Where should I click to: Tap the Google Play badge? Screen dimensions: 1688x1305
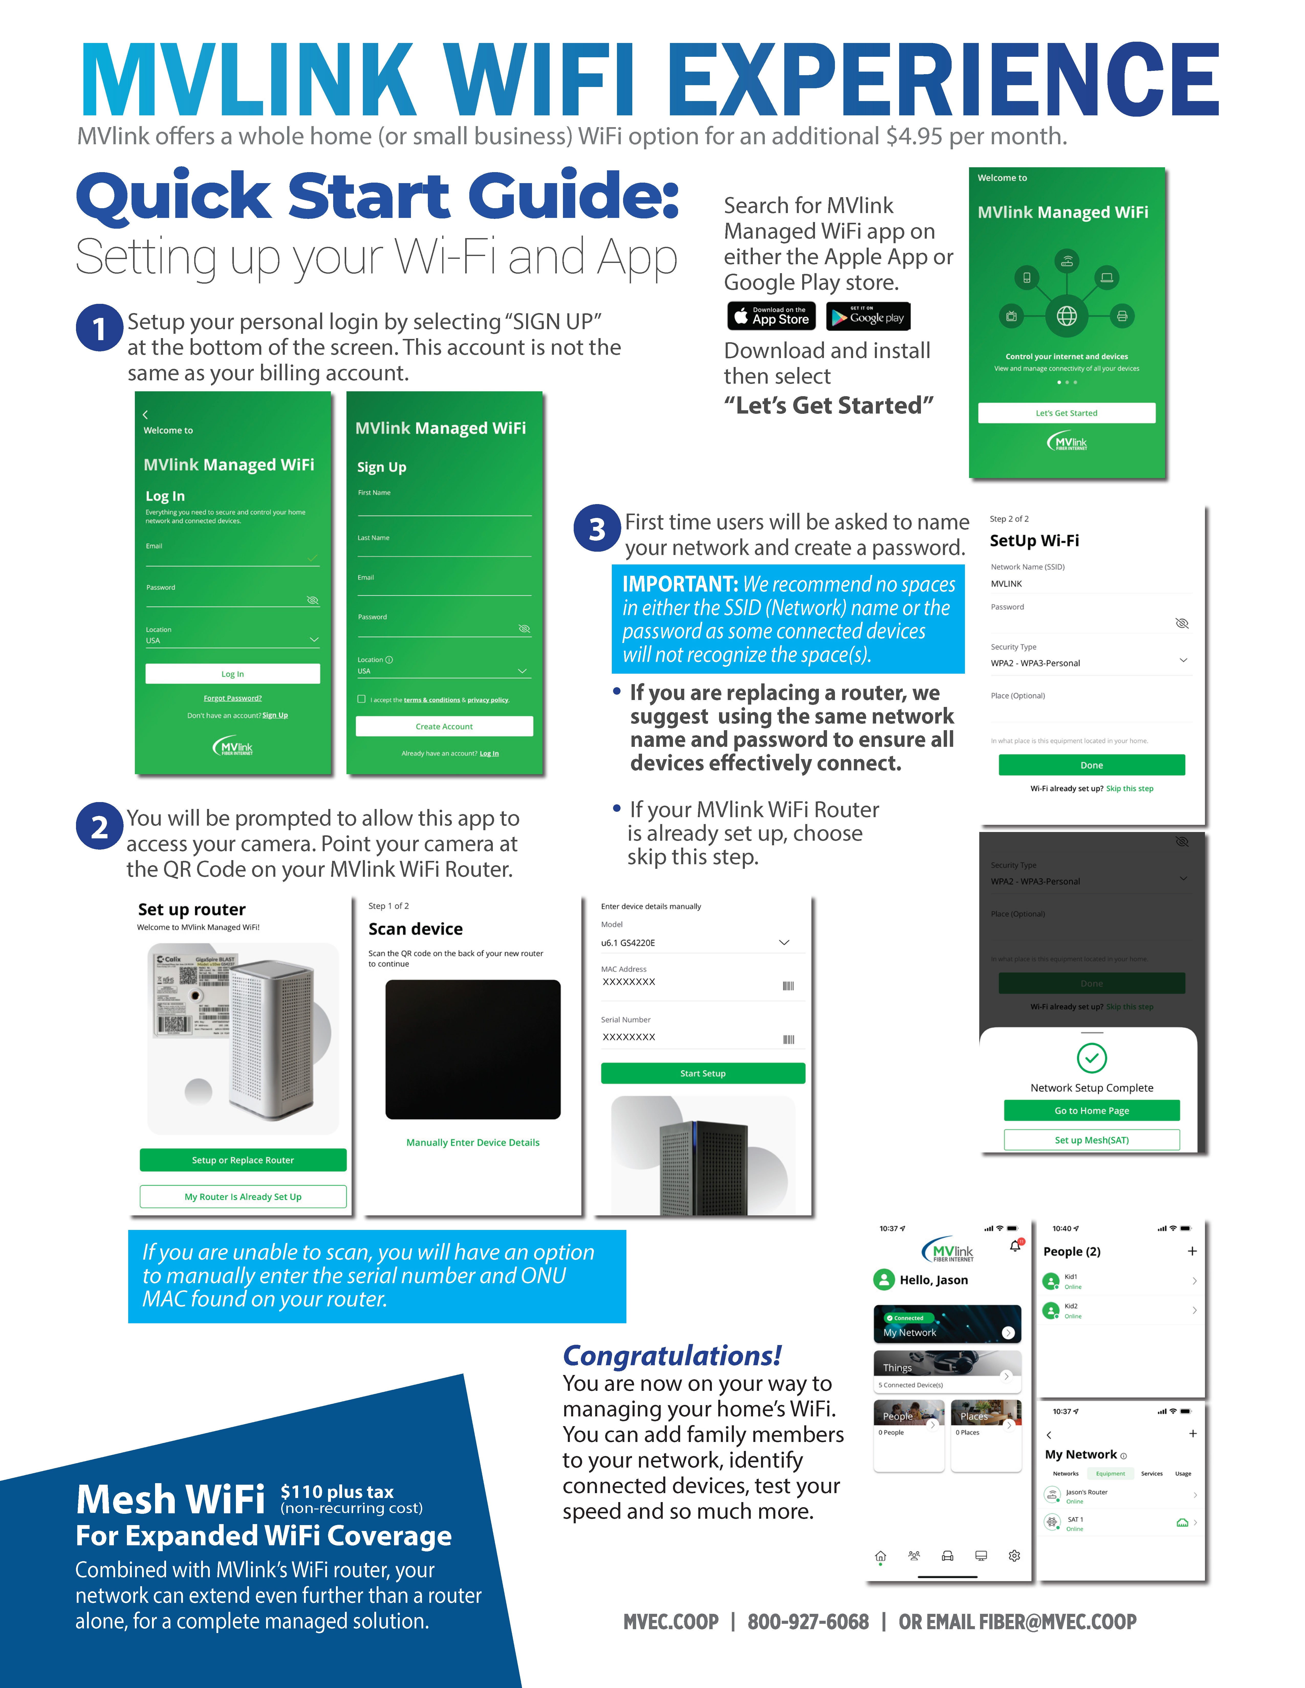coord(868,316)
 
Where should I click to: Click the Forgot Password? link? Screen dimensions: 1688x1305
coord(233,698)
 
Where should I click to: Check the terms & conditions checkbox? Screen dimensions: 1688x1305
coord(361,699)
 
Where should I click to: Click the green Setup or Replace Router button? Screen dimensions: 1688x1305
coord(243,1160)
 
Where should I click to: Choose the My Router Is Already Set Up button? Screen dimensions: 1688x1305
coord(243,1196)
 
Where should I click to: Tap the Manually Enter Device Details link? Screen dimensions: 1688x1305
coord(472,1142)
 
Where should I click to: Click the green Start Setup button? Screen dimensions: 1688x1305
coord(703,1074)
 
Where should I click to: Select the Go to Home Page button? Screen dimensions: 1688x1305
coord(1092,1111)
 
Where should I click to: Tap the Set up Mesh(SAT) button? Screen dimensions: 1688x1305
coord(1092,1140)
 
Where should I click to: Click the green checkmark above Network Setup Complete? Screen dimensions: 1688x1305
coord(1092,1058)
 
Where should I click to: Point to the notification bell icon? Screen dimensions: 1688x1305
coord(1015,1246)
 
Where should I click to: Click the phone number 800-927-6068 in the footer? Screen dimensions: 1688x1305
coord(808,1622)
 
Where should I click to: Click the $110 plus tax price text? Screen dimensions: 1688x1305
coord(337,1492)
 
